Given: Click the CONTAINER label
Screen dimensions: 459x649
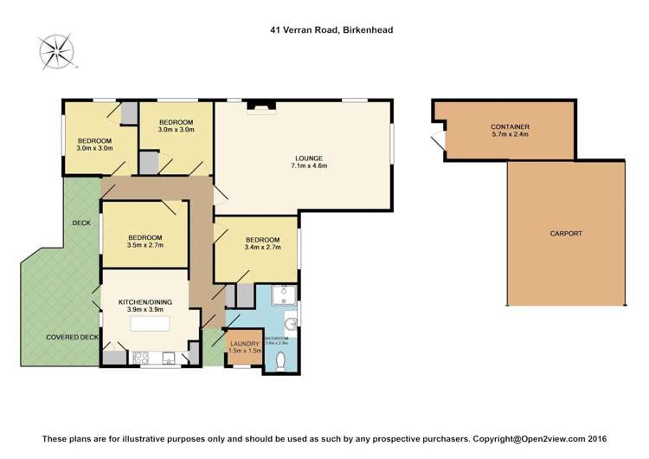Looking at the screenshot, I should click(511, 127).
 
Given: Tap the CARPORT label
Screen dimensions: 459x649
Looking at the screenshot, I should click(565, 234).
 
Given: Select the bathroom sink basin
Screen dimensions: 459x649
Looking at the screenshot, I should click(293, 326).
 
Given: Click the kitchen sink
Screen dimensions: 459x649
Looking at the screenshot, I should click(168, 356).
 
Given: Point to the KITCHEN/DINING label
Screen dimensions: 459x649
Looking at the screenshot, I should click(145, 301).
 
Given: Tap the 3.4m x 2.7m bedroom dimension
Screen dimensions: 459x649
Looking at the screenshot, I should click(262, 249).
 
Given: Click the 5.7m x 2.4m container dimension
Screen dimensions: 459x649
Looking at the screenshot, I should click(511, 136).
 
